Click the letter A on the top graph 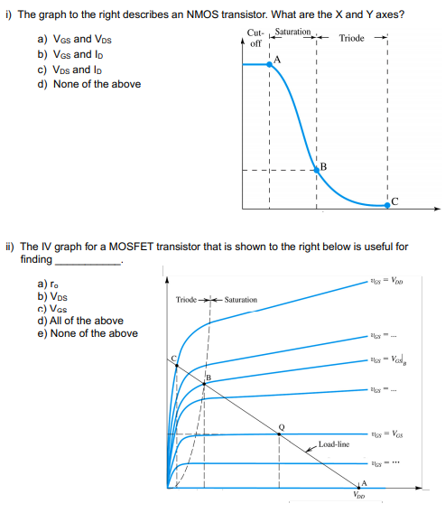click(276, 60)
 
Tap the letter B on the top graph click(322, 165)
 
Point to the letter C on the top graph click(394, 201)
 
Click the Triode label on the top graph click(352, 38)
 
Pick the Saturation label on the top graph click(292, 33)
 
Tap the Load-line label click(334, 444)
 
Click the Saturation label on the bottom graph click(240, 299)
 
